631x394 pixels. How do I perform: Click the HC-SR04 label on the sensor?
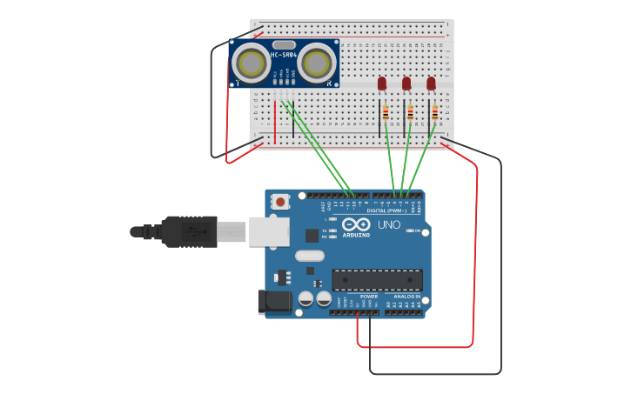pos(284,55)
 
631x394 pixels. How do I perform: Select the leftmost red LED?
pos(382,83)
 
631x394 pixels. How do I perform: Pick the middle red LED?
pos(406,83)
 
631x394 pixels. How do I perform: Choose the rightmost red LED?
pos(431,83)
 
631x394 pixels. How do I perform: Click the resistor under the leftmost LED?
pos(386,112)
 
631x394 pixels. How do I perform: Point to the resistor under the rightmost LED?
pos(435,112)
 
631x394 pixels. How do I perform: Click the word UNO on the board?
pos(388,224)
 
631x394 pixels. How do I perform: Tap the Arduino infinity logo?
pos(356,224)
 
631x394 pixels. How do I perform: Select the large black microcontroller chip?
pos(377,280)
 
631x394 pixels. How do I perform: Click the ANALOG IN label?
pos(406,297)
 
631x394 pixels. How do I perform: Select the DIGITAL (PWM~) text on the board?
pos(387,210)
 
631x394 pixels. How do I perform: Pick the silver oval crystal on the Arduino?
pos(309,256)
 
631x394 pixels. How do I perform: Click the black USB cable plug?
pos(188,231)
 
